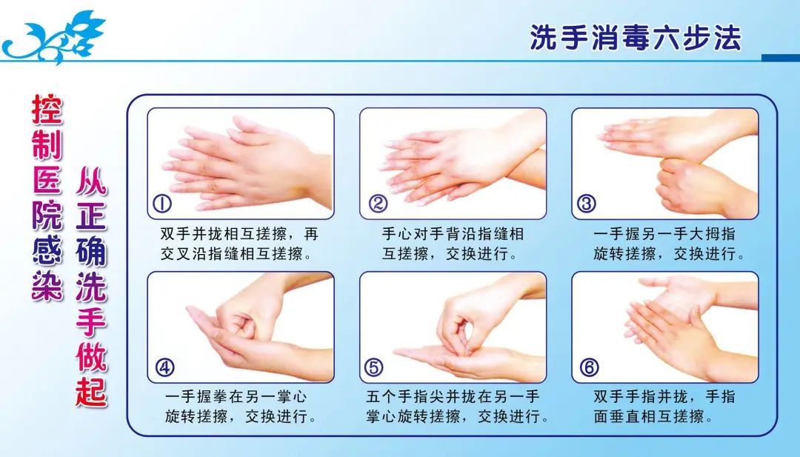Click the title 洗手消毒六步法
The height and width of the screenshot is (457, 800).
(635, 37)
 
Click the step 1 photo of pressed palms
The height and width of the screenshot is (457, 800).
(241, 159)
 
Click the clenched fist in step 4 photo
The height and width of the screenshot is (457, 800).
(248, 318)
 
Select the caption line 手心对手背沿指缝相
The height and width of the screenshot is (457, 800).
(453, 235)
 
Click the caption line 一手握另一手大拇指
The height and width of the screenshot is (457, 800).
(664, 235)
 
